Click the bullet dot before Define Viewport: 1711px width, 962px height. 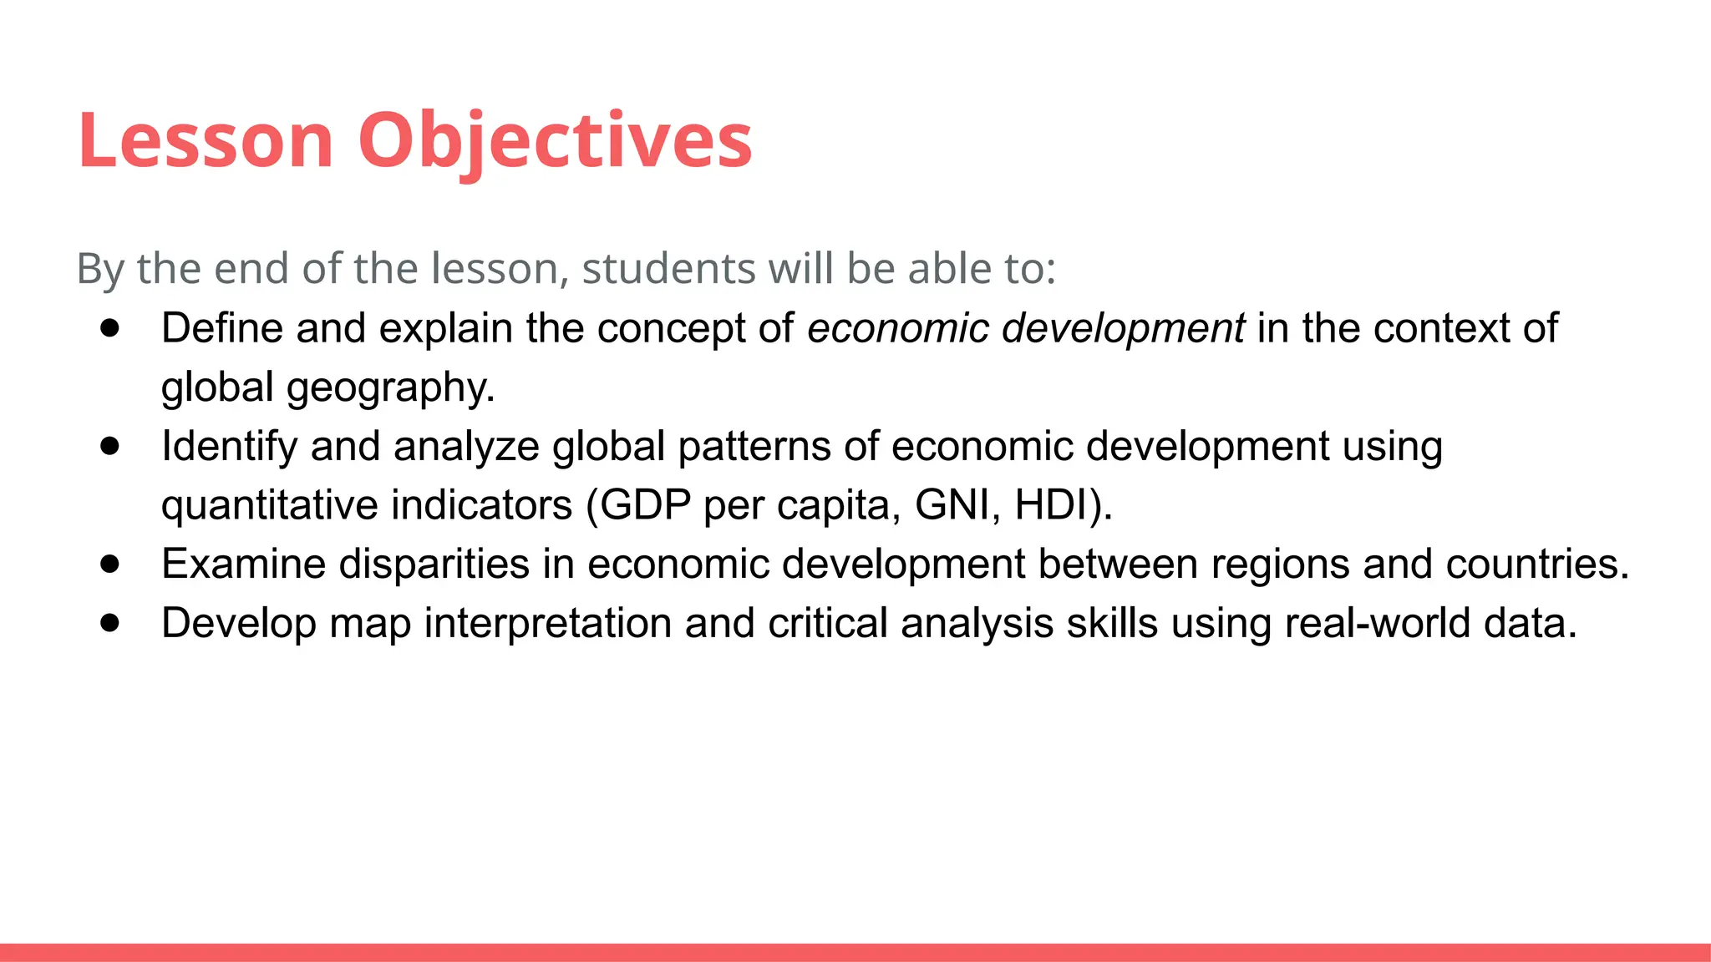click(109, 328)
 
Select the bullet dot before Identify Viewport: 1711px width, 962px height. click(109, 446)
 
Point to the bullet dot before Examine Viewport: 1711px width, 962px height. click(109, 564)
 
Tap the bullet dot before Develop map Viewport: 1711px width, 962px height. click(109, 623)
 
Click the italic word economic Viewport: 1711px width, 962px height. click(898, 328)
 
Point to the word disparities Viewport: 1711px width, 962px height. click(434, 565)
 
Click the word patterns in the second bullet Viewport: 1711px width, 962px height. click(754, 447)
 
